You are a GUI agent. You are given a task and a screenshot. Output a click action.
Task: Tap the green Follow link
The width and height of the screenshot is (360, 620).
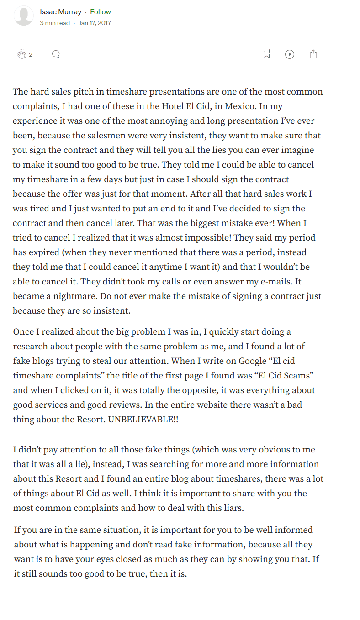(x=101, y=12)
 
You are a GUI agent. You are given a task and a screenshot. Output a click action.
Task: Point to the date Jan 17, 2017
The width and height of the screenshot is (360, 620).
(x=95, y=23)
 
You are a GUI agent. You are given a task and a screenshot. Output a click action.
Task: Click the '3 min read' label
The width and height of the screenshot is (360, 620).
(x=55, y=23)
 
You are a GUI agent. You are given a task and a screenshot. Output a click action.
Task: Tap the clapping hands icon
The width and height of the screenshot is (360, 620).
(x=22, y=55)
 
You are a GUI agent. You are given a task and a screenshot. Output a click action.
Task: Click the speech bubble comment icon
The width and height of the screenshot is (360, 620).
(x=56, y=54)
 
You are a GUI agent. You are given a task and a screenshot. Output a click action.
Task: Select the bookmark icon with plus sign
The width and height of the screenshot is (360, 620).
(x=267, y=54)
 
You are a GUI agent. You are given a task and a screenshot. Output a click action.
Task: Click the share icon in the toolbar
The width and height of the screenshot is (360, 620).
(x=313, y=54)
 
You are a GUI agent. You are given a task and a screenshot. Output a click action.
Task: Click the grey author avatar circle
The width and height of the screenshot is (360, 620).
(x=24, y=16)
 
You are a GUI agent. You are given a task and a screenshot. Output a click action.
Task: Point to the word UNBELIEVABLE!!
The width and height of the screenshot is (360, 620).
(x=143, y=420)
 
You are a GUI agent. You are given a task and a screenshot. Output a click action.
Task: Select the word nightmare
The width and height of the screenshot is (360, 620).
(x=64, y=296)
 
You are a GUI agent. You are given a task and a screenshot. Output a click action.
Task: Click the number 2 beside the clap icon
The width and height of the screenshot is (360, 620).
(x=31, y=55)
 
